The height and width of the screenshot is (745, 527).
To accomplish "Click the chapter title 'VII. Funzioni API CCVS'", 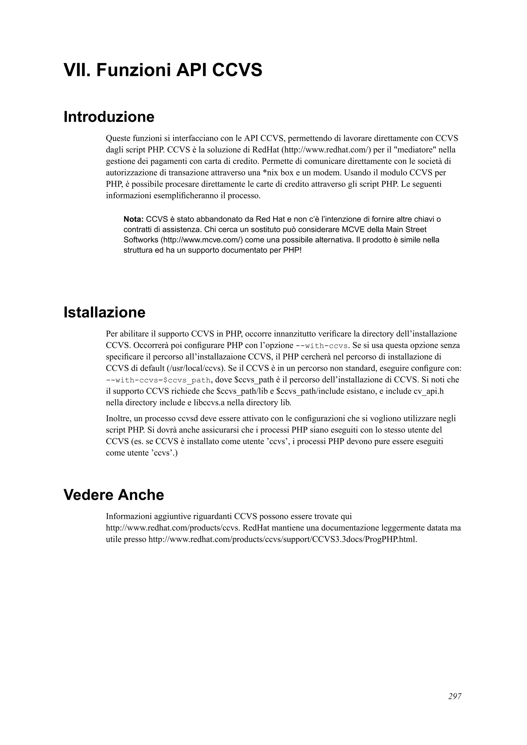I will (163, 70).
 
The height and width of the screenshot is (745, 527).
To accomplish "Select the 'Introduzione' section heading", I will (109, 117).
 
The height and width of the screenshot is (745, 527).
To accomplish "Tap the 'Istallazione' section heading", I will (104, 312).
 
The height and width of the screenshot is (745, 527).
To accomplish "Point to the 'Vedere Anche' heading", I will (114, 495).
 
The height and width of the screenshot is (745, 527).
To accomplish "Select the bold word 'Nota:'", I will (134, 219).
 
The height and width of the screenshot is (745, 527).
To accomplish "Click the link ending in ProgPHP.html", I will (283, 539).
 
